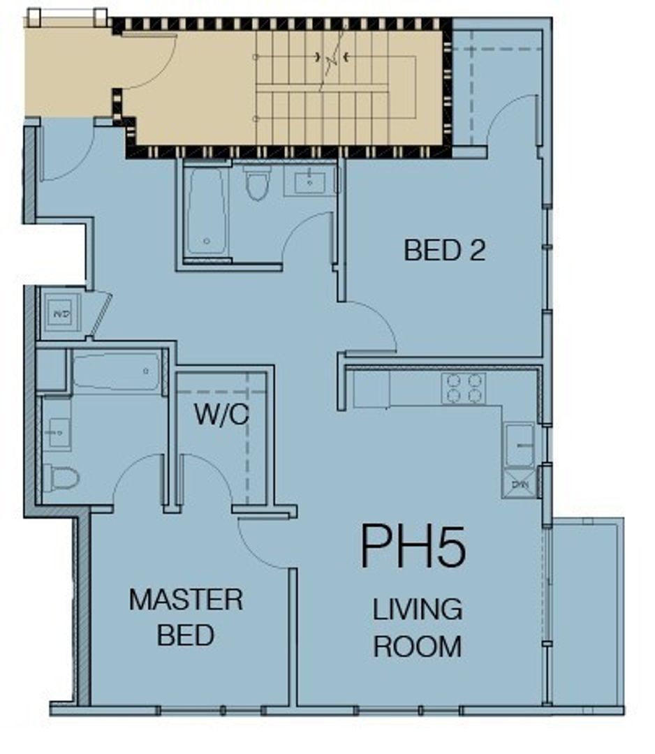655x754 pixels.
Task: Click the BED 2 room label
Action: pyautogui.click(x=444, y=250)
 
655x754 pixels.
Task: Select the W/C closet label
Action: pyautogui.click(x=221, y=415)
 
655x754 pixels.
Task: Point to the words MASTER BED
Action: pyautogui.click(x=186, y=617)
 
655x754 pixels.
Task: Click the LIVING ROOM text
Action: pyautogui.click(x=418, y=628)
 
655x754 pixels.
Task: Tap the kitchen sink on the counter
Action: pyautogui.click(x=519, y=444)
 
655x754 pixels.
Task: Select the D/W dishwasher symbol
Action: pyautogui.click(x=519, y=483)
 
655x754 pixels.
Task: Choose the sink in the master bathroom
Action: pyautogui.click(x=57, y=434)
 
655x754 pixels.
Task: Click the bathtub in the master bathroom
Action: pyautogui.click(x=117, y=371)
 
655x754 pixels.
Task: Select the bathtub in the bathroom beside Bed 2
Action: pyautogui.click(x=207, y=211)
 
